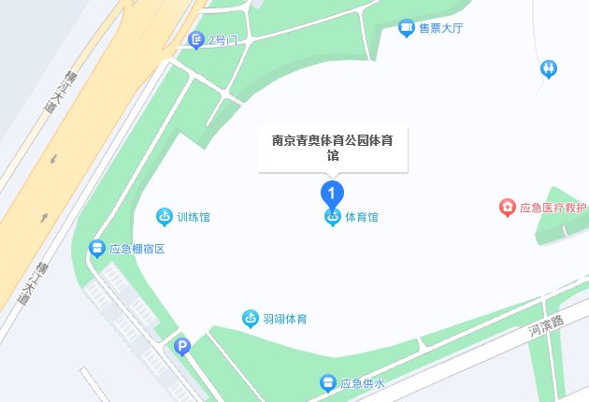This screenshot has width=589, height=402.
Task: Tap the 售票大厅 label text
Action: [442, 29]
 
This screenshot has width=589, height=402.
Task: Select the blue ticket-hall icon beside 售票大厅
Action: [407, 29]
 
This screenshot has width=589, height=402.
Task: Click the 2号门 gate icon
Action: [195, 39]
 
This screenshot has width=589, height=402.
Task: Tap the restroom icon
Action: [549, 68]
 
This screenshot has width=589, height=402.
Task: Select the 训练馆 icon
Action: [164, 217]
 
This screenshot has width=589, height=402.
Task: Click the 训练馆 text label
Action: [193, 217]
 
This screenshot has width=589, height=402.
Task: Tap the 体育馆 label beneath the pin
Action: [362, 217]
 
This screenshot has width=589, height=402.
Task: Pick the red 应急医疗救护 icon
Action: [507, 207]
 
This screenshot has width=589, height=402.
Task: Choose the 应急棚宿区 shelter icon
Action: [96, 249]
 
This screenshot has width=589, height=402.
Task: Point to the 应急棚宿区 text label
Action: [136, 249]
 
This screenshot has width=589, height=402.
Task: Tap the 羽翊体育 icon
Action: [250, 319]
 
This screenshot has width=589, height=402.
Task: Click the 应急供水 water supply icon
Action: [328, 382]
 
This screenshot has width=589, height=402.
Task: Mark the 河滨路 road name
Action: [546, 323]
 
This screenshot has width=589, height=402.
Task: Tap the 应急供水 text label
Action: [363, 382]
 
